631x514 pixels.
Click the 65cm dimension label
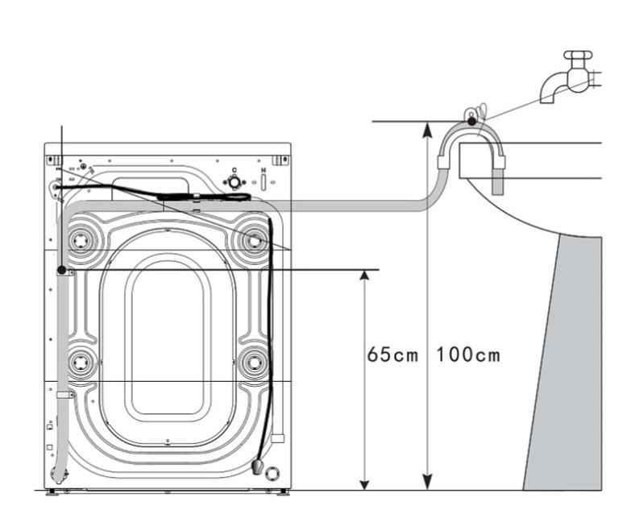[392, 354]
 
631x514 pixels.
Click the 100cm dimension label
[468, 354]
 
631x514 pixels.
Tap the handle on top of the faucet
[577, 57]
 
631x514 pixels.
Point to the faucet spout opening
[547, 98]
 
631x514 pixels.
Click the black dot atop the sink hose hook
[471, 121]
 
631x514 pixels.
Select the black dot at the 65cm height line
[61, 270]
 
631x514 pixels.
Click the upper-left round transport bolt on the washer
[81, 240]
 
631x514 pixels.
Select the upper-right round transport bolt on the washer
[254, 239]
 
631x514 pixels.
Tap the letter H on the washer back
[264, 172]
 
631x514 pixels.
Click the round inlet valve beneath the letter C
[235, 183]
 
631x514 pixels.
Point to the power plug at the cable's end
[257, 466]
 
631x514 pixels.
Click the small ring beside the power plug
[272, 471]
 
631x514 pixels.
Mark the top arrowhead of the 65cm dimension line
[364, 276]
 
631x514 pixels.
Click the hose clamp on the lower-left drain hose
[64, 396]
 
